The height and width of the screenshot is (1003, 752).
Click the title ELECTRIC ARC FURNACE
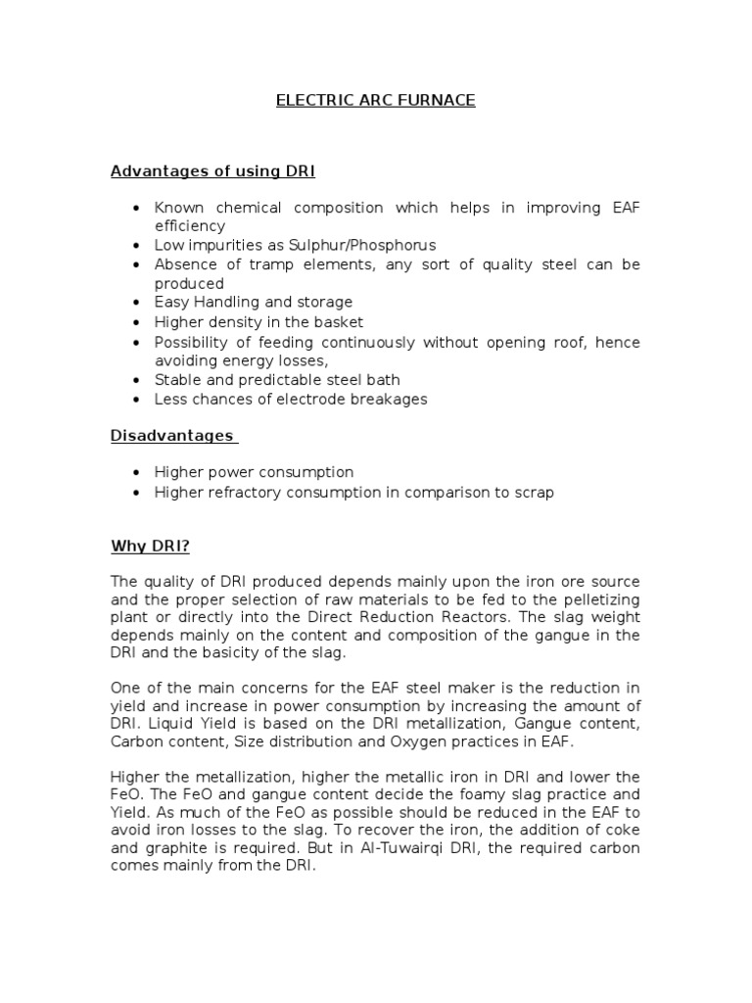click(375, 101)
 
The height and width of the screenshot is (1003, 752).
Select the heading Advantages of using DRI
click(212, 171)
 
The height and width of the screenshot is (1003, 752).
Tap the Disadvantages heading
click(172, 435)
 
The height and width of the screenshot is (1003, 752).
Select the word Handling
click(227, 302)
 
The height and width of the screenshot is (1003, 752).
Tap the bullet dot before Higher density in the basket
click(134, 322)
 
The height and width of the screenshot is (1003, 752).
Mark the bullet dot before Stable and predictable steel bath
click(134, 380)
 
